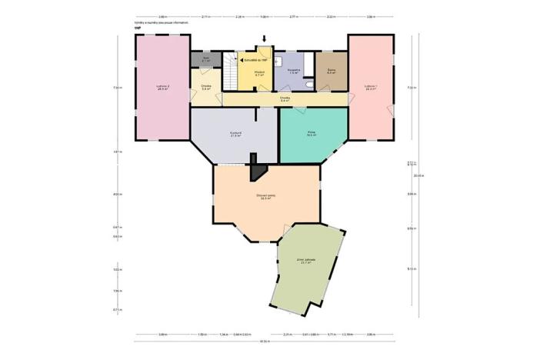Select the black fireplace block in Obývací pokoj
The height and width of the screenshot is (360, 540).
coord(258,170)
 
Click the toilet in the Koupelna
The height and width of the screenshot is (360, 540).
coord(308,84)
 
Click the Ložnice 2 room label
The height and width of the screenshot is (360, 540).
coord(162,87)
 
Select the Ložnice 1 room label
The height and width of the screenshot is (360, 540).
coord(371,87)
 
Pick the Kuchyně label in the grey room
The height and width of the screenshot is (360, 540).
coord(236,134)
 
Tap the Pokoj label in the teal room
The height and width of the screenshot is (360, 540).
coord(312,134)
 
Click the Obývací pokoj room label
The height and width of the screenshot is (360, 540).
coord(266,197)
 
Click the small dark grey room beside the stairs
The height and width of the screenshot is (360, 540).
coord(206,59)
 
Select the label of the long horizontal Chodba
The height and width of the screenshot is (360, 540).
coord(285,99)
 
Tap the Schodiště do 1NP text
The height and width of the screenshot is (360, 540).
coord(255,59)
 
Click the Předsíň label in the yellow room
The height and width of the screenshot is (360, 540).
coord(259,74)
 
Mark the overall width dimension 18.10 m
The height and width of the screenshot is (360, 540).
coord(264,342)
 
